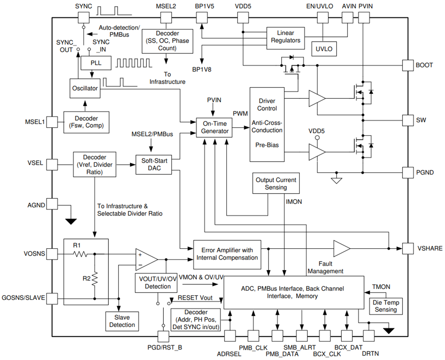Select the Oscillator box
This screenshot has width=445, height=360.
tap(85, 88)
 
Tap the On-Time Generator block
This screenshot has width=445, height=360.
tap(214, 127)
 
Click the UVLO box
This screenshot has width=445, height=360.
tap(324, 49)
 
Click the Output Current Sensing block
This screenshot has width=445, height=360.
tap(276, 183)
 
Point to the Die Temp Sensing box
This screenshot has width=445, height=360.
tap(386, 306)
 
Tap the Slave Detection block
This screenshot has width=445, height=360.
tap(122, 321)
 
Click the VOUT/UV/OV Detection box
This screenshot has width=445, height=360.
tap(157, 283)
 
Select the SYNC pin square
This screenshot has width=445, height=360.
tap(83, 17)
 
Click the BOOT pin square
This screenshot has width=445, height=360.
tap(408, 65)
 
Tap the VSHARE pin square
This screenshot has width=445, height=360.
tap(408, 248)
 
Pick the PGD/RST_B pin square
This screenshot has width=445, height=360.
tap(163, 336)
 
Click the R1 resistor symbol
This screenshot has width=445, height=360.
tap(80, 254)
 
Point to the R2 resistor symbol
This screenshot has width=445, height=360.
tap(94, 278)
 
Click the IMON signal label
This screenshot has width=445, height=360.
tap(294, 201)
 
